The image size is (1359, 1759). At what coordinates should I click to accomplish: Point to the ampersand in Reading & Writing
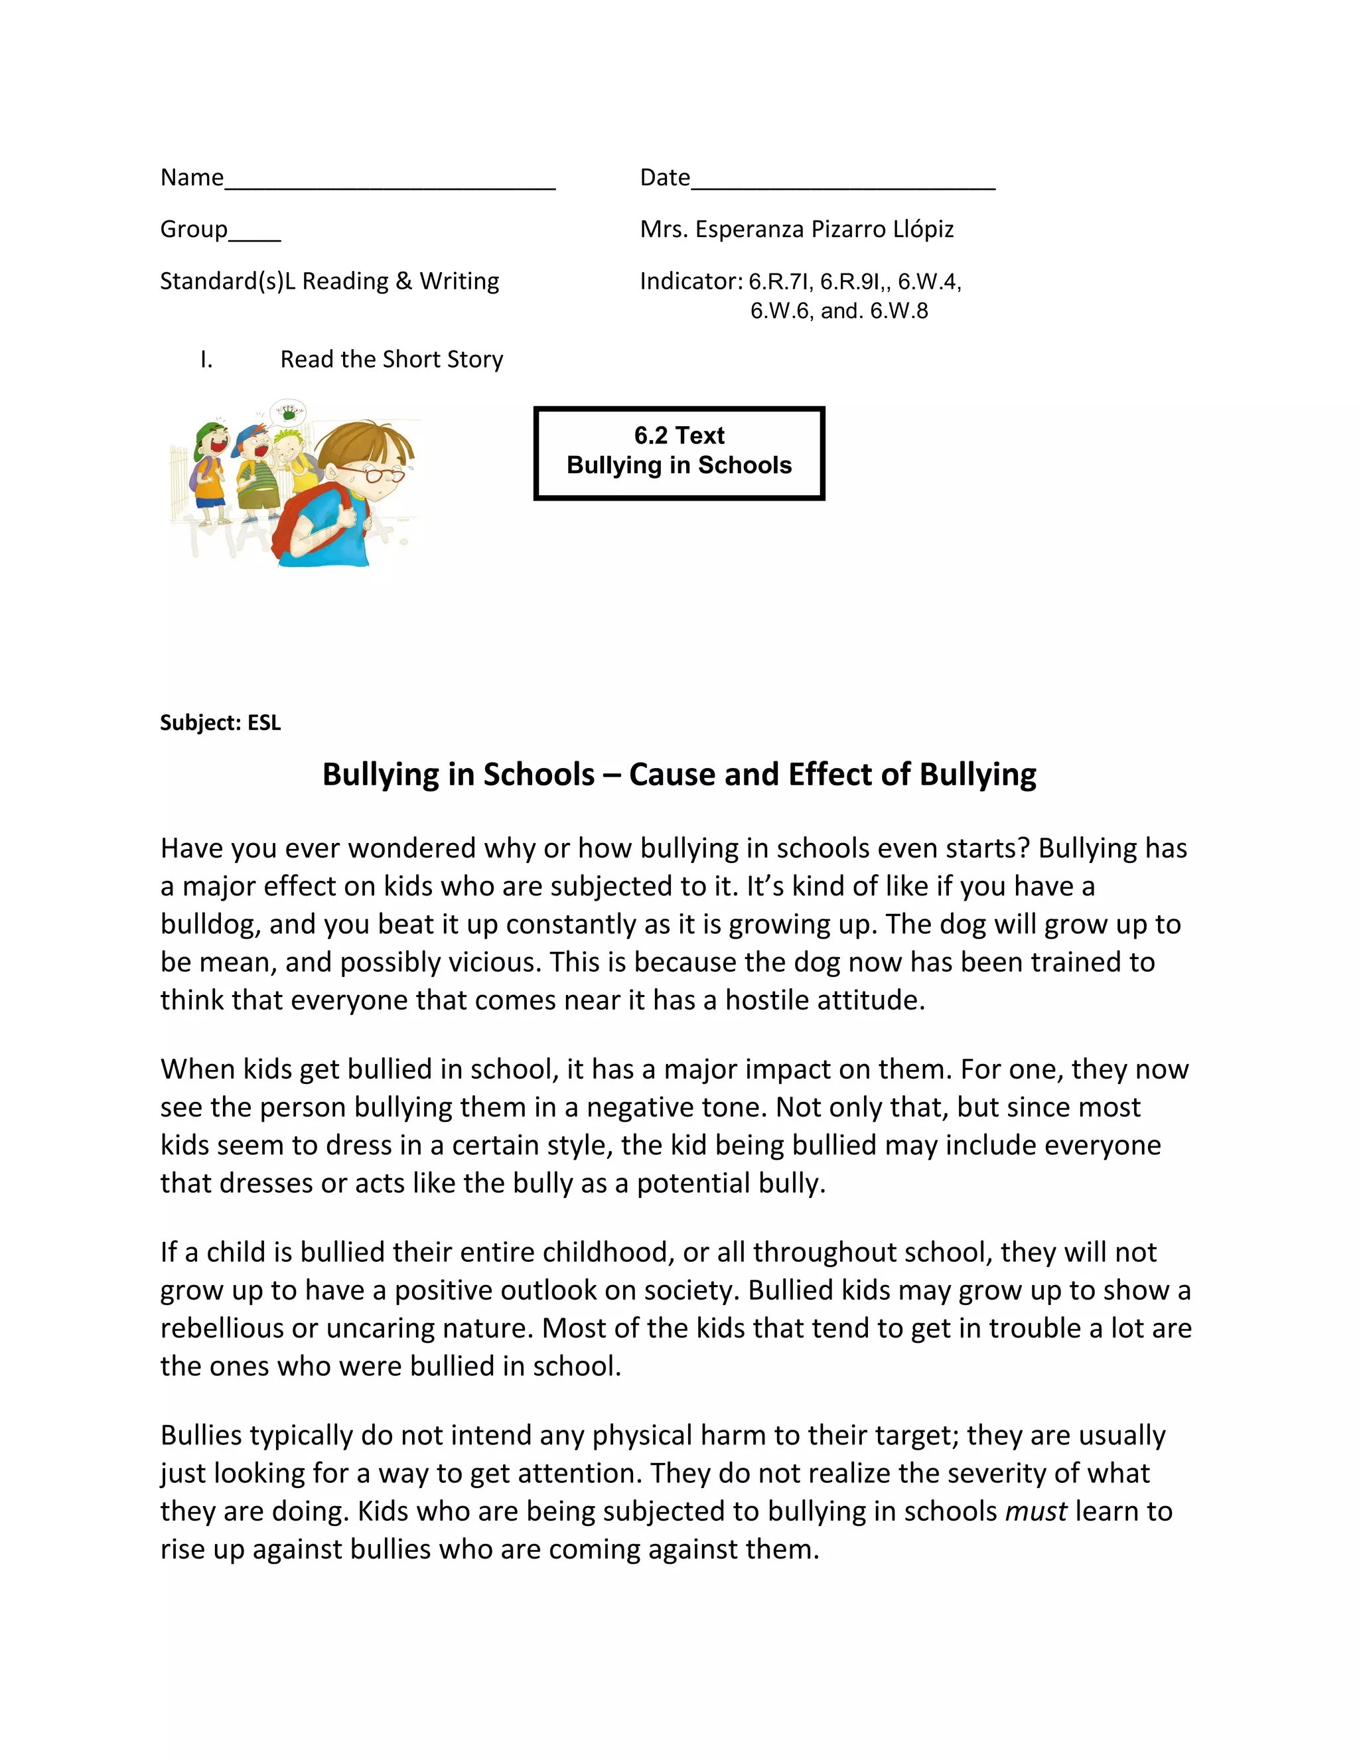click(403, 281)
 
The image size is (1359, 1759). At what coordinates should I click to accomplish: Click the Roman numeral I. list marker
click(207, 359)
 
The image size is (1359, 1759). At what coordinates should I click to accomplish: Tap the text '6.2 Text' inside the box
click(679, 435)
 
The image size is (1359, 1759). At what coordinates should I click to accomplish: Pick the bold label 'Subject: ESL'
click(220, 722)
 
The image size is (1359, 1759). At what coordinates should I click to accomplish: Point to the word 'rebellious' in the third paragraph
click(222, 1328)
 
